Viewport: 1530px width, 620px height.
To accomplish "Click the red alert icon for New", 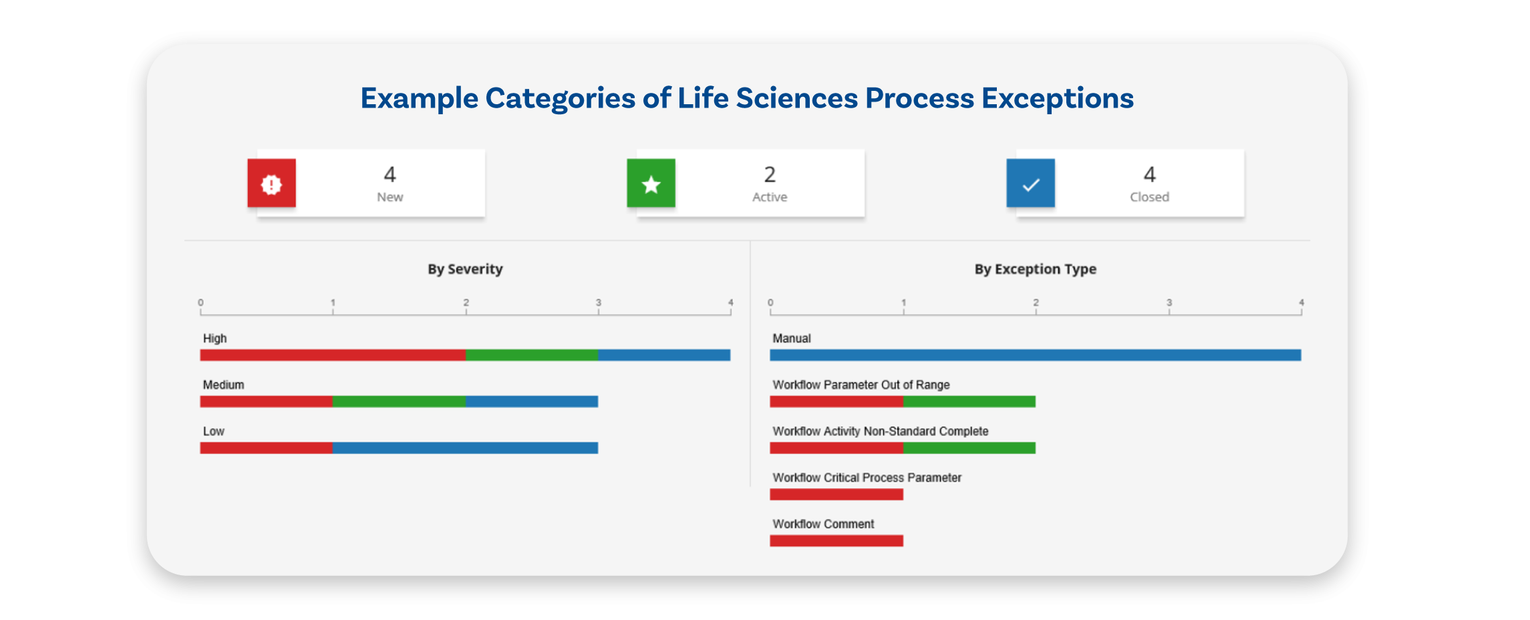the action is coord(271,183).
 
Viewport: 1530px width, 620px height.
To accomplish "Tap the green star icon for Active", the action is coord(651,183).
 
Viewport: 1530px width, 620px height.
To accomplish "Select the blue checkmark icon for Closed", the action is coord(1030,183).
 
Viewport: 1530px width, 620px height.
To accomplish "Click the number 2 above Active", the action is coord(770,174).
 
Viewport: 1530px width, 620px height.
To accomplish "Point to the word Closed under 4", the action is coord(1149,197).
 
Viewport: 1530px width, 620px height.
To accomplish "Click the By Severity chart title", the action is coord(465,269).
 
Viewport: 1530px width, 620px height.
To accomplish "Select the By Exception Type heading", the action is coord(1035,269).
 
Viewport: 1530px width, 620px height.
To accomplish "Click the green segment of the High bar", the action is coord(532,355).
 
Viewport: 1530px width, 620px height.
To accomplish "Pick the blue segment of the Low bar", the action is coord(465,448).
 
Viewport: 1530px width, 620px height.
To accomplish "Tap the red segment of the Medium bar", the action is coord(267,402).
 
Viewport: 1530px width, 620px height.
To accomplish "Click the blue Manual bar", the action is coord(1035,355).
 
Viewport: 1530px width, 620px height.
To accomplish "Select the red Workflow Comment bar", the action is coord(836,541).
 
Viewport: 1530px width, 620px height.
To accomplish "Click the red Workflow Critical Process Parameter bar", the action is coord(836,494).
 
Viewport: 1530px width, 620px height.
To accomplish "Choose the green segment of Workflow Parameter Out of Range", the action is coord(969,402).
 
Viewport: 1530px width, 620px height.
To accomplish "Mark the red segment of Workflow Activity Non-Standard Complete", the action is coord(836,448).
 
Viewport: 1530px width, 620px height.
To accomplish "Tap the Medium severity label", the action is coord(224,385).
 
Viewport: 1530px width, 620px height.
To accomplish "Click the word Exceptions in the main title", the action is coord(1058,99).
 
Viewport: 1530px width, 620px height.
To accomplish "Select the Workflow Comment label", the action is coord(823,524).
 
